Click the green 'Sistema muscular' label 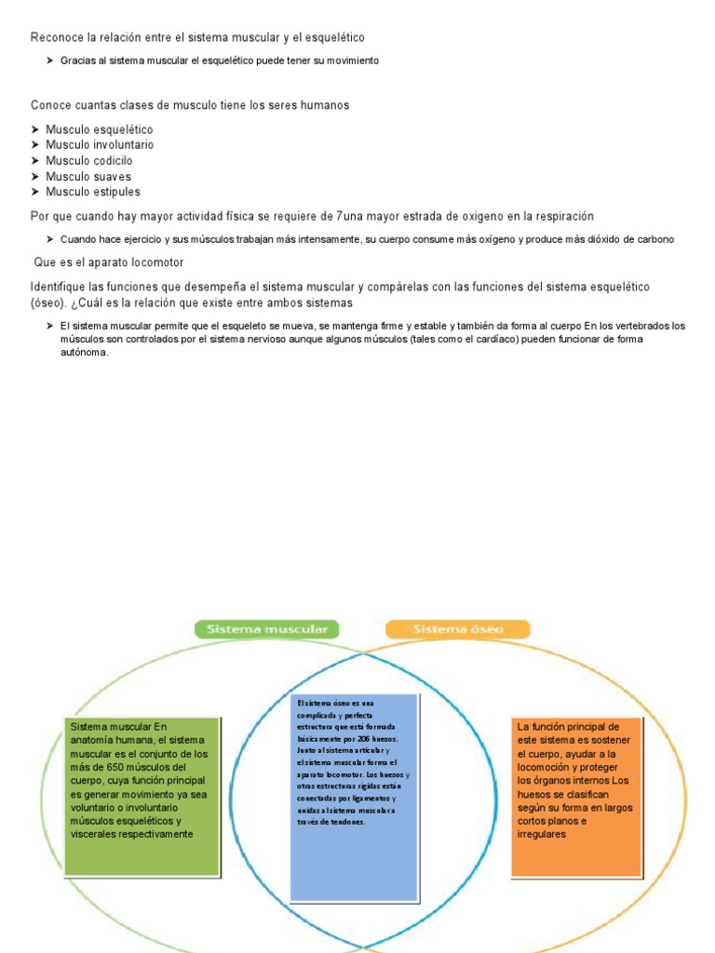tap(267, 630)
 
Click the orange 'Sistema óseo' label tap(457, 630)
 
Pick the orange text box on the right tap(576, 796)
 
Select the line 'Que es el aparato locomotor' tap(109, 262)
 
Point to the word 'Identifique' tap(61, 287)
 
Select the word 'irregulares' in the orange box tap(542, 835)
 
